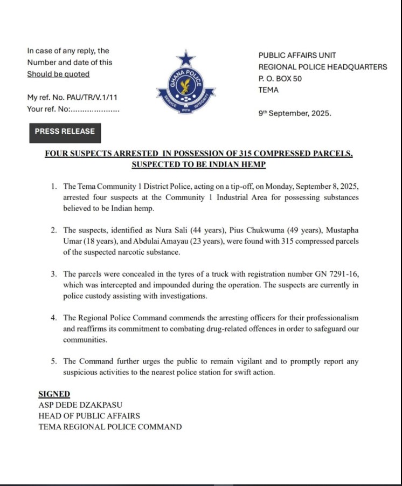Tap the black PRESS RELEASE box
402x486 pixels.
65,131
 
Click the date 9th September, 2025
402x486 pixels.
295,114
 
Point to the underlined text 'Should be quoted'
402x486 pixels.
58,74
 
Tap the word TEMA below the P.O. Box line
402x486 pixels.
269,90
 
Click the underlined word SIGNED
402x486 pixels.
54,394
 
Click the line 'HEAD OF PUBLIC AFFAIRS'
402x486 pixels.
89,416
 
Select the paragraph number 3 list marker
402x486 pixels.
54,274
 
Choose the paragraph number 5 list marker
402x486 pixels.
54,361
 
